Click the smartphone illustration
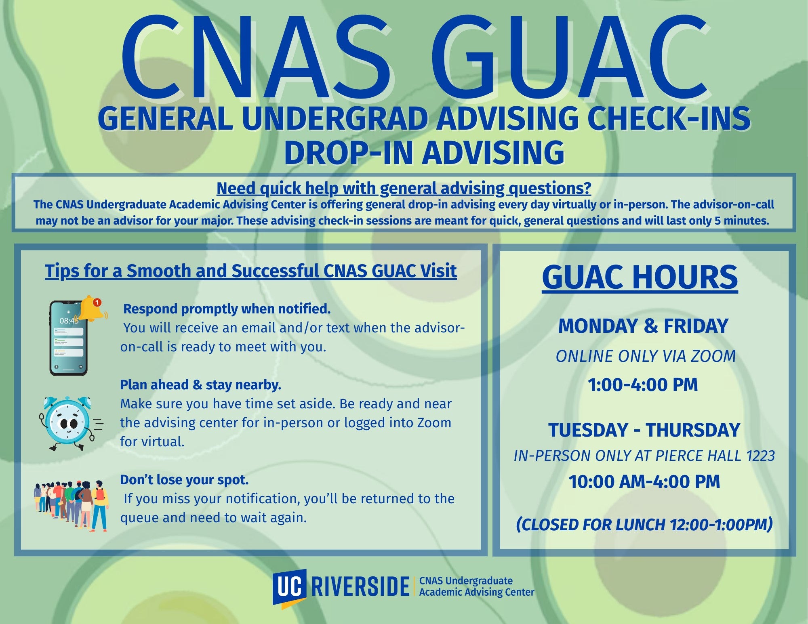pos(68,338)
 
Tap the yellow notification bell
pos(90,309)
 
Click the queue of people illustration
pos(71,505)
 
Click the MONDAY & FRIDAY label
pos(643,326)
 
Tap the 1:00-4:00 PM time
pos(643,384)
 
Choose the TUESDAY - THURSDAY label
pos(644,430)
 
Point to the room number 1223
pos(760,456)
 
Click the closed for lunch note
pos(644,525)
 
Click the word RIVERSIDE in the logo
pos(360,586)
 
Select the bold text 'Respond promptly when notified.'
pos(227,309)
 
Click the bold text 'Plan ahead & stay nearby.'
pos(200,385)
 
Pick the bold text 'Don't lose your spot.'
pos(184,480)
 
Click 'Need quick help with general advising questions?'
pos(404,189)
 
